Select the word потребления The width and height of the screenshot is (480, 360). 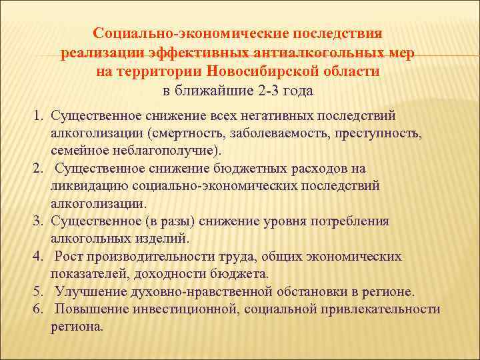pos(350,221)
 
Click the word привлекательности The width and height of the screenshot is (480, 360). pos(381,309)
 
